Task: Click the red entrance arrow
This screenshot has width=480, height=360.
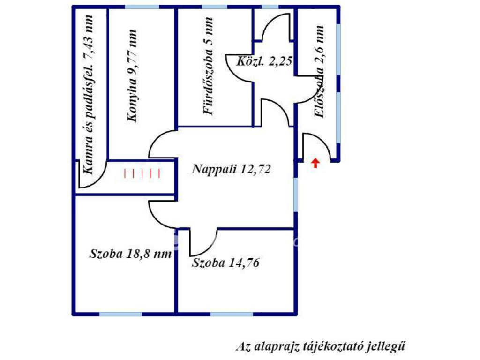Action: coord(315,163)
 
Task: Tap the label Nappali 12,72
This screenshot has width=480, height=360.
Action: coord(231,169)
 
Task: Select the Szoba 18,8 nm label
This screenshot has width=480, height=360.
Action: coord(130,254)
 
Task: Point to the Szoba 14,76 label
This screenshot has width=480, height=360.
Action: coord(225,262)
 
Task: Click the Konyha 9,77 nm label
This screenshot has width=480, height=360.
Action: coord(132,76)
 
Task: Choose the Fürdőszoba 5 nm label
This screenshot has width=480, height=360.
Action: coord(208,66)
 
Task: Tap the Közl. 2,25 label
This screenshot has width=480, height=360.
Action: coord(264,61)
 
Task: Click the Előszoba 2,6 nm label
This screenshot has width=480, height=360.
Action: coord(319,72)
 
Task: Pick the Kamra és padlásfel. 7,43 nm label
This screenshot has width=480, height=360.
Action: coord(88,95)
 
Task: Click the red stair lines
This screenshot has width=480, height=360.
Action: coord(142,173)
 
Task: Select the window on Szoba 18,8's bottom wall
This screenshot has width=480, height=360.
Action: coord(120,314)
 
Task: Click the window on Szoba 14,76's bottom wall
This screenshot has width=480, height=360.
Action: coord(232,314)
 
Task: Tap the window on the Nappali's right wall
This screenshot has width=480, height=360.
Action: coord(296,195)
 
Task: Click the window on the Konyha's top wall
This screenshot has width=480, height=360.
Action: coord(142,7)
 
